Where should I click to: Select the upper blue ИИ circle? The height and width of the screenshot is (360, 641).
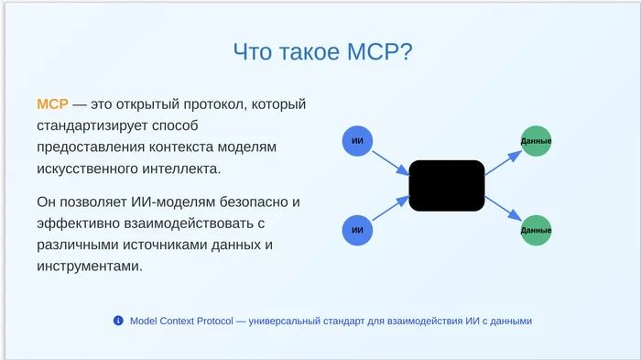pyautogui.click(x=358, y=141)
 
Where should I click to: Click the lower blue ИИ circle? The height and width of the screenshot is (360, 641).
pyautogui.click(x=358, y=229)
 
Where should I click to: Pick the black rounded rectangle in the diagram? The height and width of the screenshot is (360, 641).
pyautogui.click(x=446, y=185)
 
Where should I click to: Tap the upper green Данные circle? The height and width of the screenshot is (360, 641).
pyautogui.click(x=536, y=141)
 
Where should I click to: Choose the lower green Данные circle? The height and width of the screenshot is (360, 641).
pyautogui.click(x=536, y=229)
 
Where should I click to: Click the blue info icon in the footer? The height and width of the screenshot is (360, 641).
pyautogui.click(x=118, y=321)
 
